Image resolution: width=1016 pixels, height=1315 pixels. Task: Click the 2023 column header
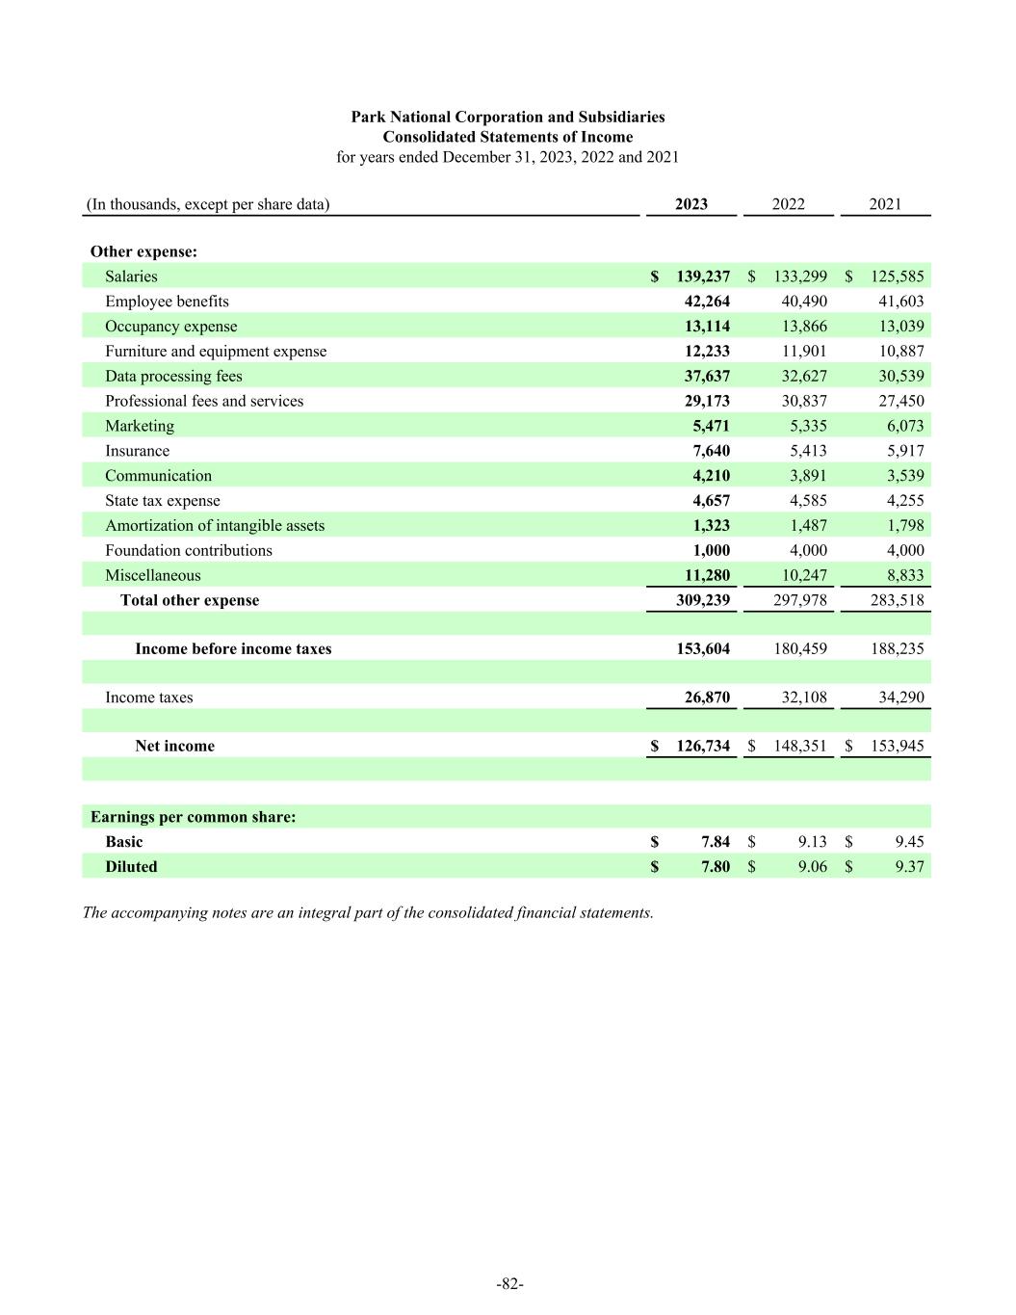(691, 204)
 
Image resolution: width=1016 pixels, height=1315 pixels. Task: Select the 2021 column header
(885, 204)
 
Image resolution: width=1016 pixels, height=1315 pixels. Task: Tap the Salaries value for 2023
(702, 276)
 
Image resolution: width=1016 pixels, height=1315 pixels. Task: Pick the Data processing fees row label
(173, 377)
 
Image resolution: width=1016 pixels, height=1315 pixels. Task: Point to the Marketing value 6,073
(901, 426)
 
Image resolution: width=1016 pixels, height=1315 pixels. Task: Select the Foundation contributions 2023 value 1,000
(711, 550)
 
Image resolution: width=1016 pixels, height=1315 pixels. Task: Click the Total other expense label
(190, 600)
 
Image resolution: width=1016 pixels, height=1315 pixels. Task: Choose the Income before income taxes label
(233, 648)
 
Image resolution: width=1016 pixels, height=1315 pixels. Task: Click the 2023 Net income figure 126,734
(702, 746)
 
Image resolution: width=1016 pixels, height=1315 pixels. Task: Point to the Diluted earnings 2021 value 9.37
(909, 866)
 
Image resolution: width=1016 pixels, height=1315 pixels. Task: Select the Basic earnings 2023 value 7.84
(716, 842)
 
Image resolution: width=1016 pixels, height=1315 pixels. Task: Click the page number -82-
(509, 1283)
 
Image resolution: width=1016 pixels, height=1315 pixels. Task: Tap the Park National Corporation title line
(508, 117)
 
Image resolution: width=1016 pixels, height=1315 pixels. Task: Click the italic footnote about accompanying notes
(368, 912)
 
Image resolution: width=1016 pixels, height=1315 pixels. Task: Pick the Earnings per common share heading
(193, 817)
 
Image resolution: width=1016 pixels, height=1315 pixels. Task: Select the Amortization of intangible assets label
(215, 525)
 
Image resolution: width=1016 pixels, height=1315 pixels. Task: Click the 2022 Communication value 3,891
(804, 476)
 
